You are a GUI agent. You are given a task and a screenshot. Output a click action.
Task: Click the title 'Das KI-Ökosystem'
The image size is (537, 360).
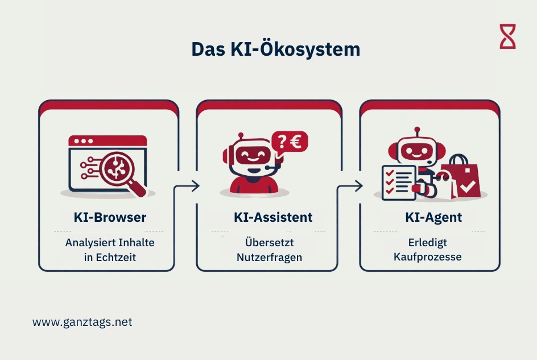pyautogui.click(x=275, y=49)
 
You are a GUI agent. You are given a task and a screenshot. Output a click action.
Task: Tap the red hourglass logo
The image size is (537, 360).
pyautogui.click(x=507, y=36)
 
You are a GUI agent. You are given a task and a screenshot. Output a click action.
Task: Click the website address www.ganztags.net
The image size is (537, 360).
pyautogui.click(x=82, y=322)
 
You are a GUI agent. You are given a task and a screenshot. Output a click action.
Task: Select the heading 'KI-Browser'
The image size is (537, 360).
pyautogui.click(x=110, y=217)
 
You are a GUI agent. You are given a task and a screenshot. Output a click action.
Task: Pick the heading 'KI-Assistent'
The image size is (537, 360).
pyautogui.click(x=272, y=217)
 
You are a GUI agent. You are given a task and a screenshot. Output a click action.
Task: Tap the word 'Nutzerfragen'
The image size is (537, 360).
pyautogui.click(x=270, y=257)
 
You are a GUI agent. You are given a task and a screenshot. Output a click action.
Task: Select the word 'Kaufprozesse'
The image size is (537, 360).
pyautogui.click(x=427, y=256)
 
